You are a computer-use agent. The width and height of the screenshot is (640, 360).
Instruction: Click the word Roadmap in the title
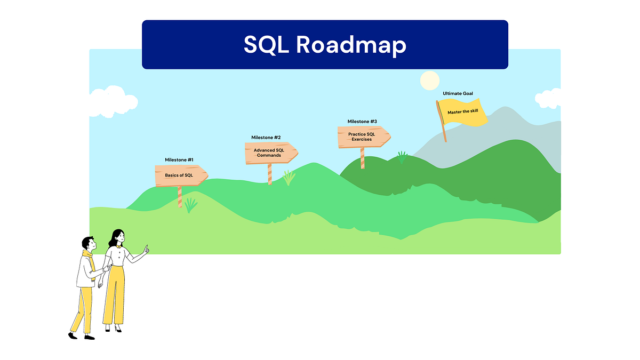pyautogui.click(x=350, y=45)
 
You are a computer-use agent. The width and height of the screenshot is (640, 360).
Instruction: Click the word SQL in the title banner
pyautogui.click(x=267, y=45)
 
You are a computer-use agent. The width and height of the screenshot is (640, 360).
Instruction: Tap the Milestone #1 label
pyautogui.click(x=179, y=160)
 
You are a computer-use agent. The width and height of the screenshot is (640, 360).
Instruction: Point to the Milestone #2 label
pyautogui.click(x=266, y=138)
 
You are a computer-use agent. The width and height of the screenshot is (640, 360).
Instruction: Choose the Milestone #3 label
pyautogui.click(x=362, y=122)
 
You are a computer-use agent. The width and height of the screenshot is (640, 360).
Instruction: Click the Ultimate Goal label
pyautogui.click(x=458, y=94)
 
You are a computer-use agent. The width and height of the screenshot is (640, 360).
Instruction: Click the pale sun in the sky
pyautogui.click(x=429, y=81)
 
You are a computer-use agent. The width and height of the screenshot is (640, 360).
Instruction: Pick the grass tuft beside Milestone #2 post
pyautogui.click(x=289, y=178)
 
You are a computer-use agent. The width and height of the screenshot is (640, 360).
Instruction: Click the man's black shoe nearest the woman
pyautogui.click(x=89, y=337)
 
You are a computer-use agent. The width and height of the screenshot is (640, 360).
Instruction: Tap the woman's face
pyautogui.click(x=119, y=238)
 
